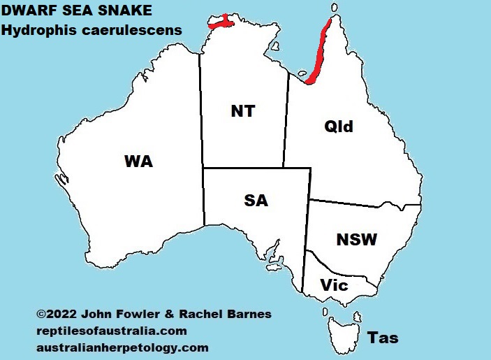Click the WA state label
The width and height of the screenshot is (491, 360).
tap(138, 161)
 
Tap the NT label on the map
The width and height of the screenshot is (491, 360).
tap(242, 111)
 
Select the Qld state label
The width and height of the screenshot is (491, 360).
tap(339, 127)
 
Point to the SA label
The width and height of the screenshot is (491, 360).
tap(256, 201)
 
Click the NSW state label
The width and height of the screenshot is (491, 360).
tap(356, 240)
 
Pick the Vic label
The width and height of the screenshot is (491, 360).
tap(334, 285)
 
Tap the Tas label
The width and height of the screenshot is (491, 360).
tap(383, 338)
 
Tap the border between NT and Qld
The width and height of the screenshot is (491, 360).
tap(286, 119)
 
